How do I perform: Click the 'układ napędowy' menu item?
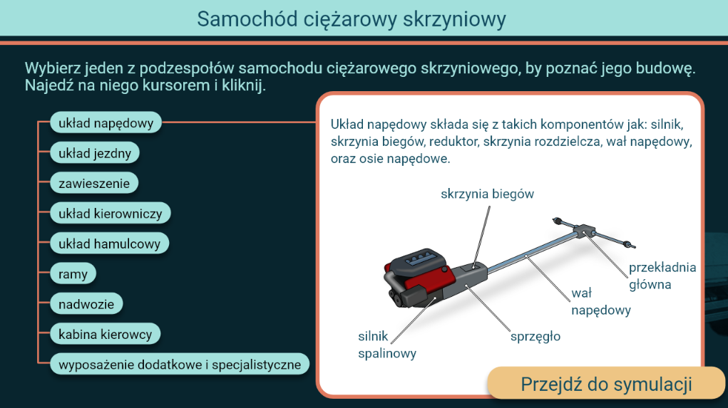click(106, 123)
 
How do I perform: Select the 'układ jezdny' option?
click(94, 153)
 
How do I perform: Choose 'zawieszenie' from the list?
click(93, 183)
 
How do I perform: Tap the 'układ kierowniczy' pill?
click(111, 213)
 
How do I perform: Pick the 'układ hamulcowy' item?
click(109, 244)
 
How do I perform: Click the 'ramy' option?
click(73, 273)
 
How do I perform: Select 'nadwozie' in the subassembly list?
click(86, 304)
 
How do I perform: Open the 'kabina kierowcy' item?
click(106, 334)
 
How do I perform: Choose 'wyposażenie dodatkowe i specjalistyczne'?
click(180, 365)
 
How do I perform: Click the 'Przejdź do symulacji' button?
click(606, 384)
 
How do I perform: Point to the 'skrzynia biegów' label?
click(487, 194)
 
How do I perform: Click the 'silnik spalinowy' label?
click(386, 344)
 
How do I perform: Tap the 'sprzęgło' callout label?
click(535, 336)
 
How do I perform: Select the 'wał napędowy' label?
click(600, 301)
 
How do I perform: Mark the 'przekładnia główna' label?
click(661, 276)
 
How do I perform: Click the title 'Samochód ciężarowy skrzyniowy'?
click(352, 19)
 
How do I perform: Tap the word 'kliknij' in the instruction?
click(242, 87)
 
